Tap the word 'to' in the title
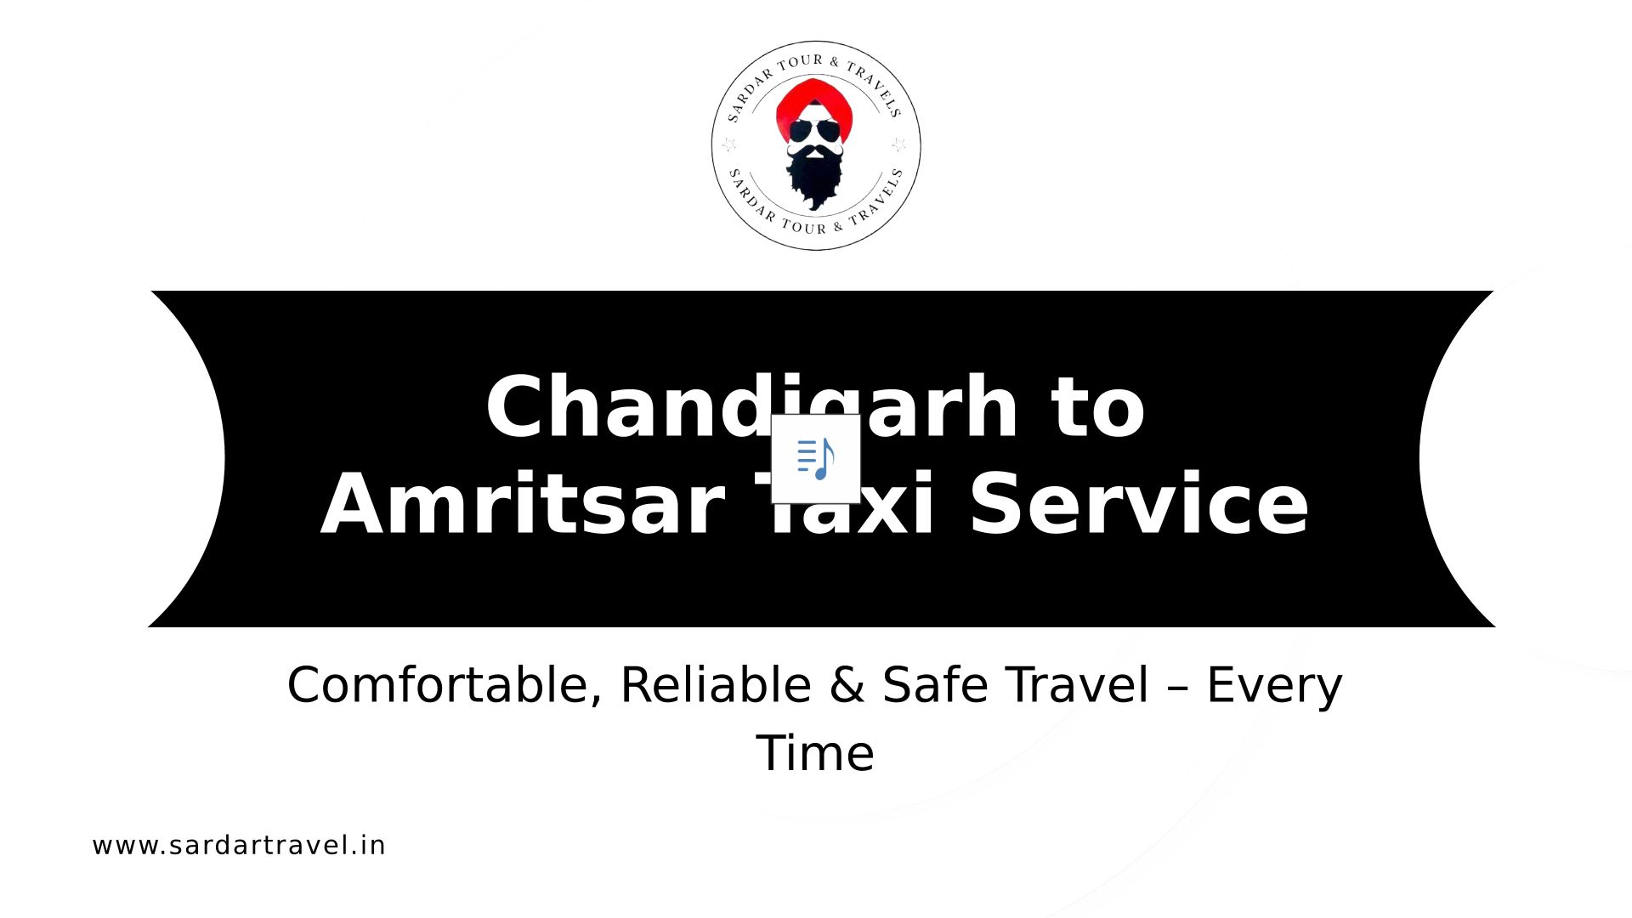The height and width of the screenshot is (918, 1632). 1098,409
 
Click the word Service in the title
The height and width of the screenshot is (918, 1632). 1139,505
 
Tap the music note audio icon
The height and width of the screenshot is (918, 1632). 816,459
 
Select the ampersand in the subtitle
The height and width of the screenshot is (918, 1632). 847,685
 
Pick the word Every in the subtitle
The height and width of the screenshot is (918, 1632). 1275,687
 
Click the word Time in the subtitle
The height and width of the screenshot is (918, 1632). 815,753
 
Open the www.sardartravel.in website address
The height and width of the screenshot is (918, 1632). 239,846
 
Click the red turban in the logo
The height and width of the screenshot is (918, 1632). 813,104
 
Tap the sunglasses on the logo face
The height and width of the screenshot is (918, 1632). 813,132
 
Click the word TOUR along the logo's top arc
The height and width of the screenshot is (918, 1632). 800,61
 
